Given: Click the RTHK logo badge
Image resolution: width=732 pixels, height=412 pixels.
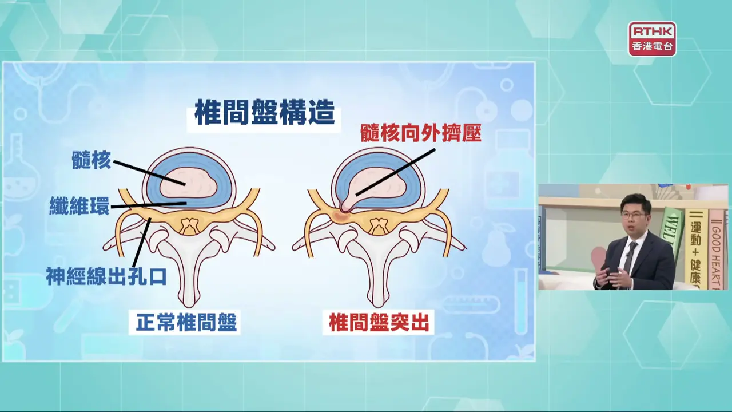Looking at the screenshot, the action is [653, 39].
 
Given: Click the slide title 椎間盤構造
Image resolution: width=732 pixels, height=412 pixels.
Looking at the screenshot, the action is [265, 112].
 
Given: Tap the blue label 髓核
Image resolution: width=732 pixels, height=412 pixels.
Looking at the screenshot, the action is [91, 160].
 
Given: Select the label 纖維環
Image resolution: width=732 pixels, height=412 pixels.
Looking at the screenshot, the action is [79, 205].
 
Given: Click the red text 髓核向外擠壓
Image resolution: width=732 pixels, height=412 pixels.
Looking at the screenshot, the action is [421, 132].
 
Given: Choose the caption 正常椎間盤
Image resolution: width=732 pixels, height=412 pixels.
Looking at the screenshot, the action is [186, 322].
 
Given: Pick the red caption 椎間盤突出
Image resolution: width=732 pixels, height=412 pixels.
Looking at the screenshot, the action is [379, 322].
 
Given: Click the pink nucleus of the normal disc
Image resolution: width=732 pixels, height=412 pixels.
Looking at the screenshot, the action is [189, 183].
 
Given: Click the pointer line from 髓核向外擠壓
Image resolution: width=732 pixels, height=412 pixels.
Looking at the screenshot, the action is [396, 172].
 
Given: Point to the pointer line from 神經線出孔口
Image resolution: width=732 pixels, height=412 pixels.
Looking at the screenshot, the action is [141, 242].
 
